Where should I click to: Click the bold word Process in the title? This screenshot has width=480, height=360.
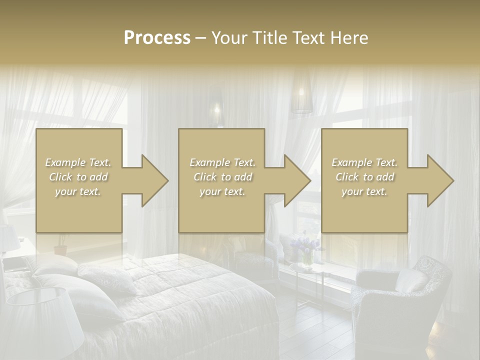157,38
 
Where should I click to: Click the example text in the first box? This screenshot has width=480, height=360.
78,177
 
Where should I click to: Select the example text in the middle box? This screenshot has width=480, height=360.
222,177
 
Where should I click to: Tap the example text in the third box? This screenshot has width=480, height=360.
364,177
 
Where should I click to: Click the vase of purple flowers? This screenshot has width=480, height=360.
305,250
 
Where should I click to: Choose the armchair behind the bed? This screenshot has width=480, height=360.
255,257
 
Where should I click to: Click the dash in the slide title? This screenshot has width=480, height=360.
200,38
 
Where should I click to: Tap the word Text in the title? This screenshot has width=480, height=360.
306,38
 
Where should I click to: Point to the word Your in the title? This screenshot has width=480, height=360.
228,38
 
